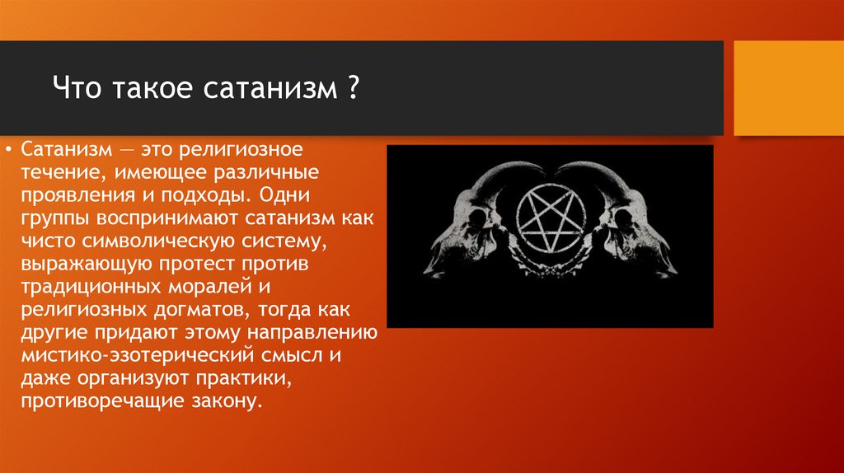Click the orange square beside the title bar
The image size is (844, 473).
[x=788, y=88]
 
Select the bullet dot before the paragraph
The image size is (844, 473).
[x=9, y=152]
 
